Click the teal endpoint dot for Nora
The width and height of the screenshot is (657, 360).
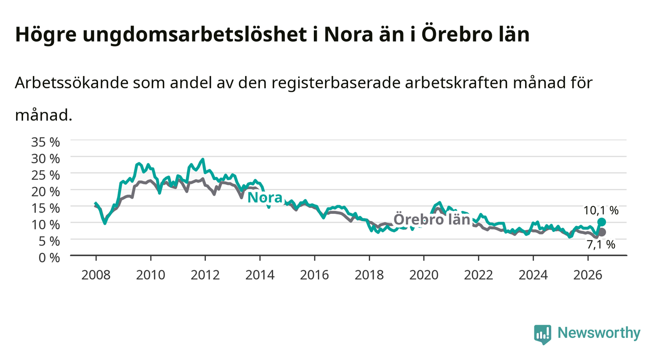click(601, 222)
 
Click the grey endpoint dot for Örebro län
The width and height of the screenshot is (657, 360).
click(602, 232)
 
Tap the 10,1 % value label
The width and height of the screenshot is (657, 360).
click(601, 210)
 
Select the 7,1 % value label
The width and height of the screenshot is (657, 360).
click(601, 244)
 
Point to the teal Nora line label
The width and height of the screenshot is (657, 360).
click(265, 198)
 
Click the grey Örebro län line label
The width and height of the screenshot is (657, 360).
click(431, 219)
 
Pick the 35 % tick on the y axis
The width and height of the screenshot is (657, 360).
click(46, 142)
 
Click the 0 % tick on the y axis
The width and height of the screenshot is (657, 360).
click(49, 257)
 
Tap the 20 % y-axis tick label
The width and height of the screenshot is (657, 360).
click(46, 192)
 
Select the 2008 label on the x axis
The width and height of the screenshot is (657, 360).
click(96, 275)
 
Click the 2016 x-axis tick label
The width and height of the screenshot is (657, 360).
click(314, 275)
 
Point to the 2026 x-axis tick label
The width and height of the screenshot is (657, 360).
click(588, 275)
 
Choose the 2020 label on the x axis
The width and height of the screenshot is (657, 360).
click(424, 275)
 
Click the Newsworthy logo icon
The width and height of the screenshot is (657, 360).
click(543, 334)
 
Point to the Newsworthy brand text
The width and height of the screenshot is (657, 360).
click(599, 334)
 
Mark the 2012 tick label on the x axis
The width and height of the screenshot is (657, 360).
click(205, 275)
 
